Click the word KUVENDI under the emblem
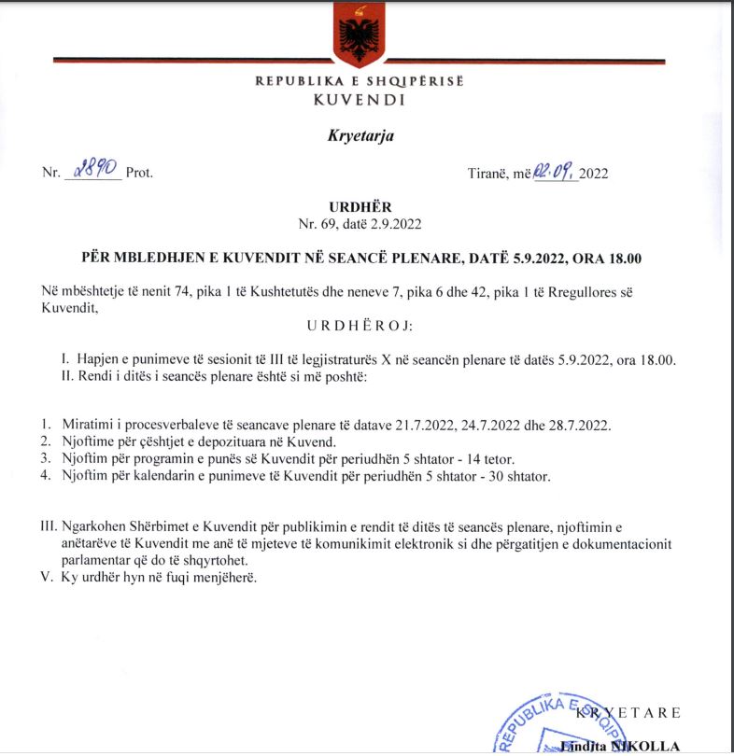(360, 99)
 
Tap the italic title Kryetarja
(360, 136)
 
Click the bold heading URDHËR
(360, 206)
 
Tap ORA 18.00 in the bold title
(609, 258)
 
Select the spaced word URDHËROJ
(360, 328)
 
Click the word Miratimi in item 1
(81, 426)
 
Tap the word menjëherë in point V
(224, 578)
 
